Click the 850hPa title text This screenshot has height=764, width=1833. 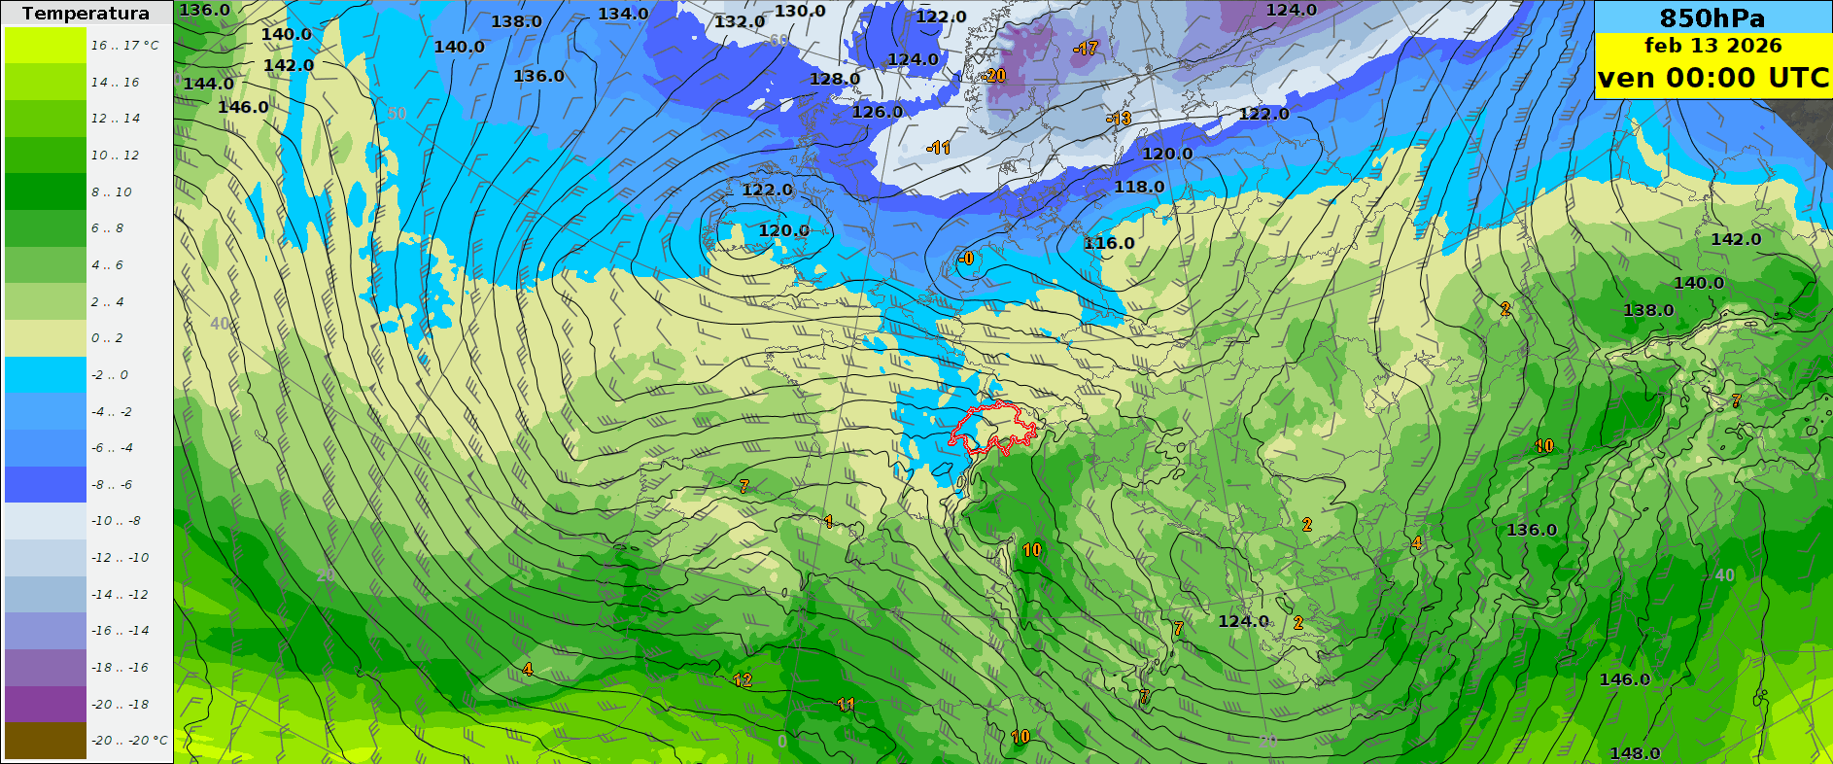(x=1712, y=17)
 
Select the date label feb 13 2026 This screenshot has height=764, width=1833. (x=1712, y=46)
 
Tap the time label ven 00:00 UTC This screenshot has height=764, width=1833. (x=1712, y=78)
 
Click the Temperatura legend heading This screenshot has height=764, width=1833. (x=86, y=14)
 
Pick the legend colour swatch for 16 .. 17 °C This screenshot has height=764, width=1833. (x=46, y=45)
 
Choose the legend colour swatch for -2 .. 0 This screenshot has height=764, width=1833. (x=46, y=374)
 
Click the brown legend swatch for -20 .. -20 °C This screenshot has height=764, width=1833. (x=46, y=741)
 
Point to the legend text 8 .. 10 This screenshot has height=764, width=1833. (x=112, y=192)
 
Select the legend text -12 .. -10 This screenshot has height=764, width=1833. (x=121, y=558)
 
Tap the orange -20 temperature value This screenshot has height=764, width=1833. (x=993, y=76)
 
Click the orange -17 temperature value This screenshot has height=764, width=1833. (x=1086, y=49)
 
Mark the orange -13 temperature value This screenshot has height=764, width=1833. (x=1119, y=119)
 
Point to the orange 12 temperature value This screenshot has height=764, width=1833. (x=743, y=680)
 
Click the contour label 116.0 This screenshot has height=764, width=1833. (x=1109, y=243)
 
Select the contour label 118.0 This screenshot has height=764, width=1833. (x=1139, y=187)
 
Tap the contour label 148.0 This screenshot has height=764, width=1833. (x=1635, y=753)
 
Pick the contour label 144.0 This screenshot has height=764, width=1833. (x=208, y=84)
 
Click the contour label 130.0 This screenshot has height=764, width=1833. (x=800, y=11)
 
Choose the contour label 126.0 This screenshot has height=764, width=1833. (x=877, y=112)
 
